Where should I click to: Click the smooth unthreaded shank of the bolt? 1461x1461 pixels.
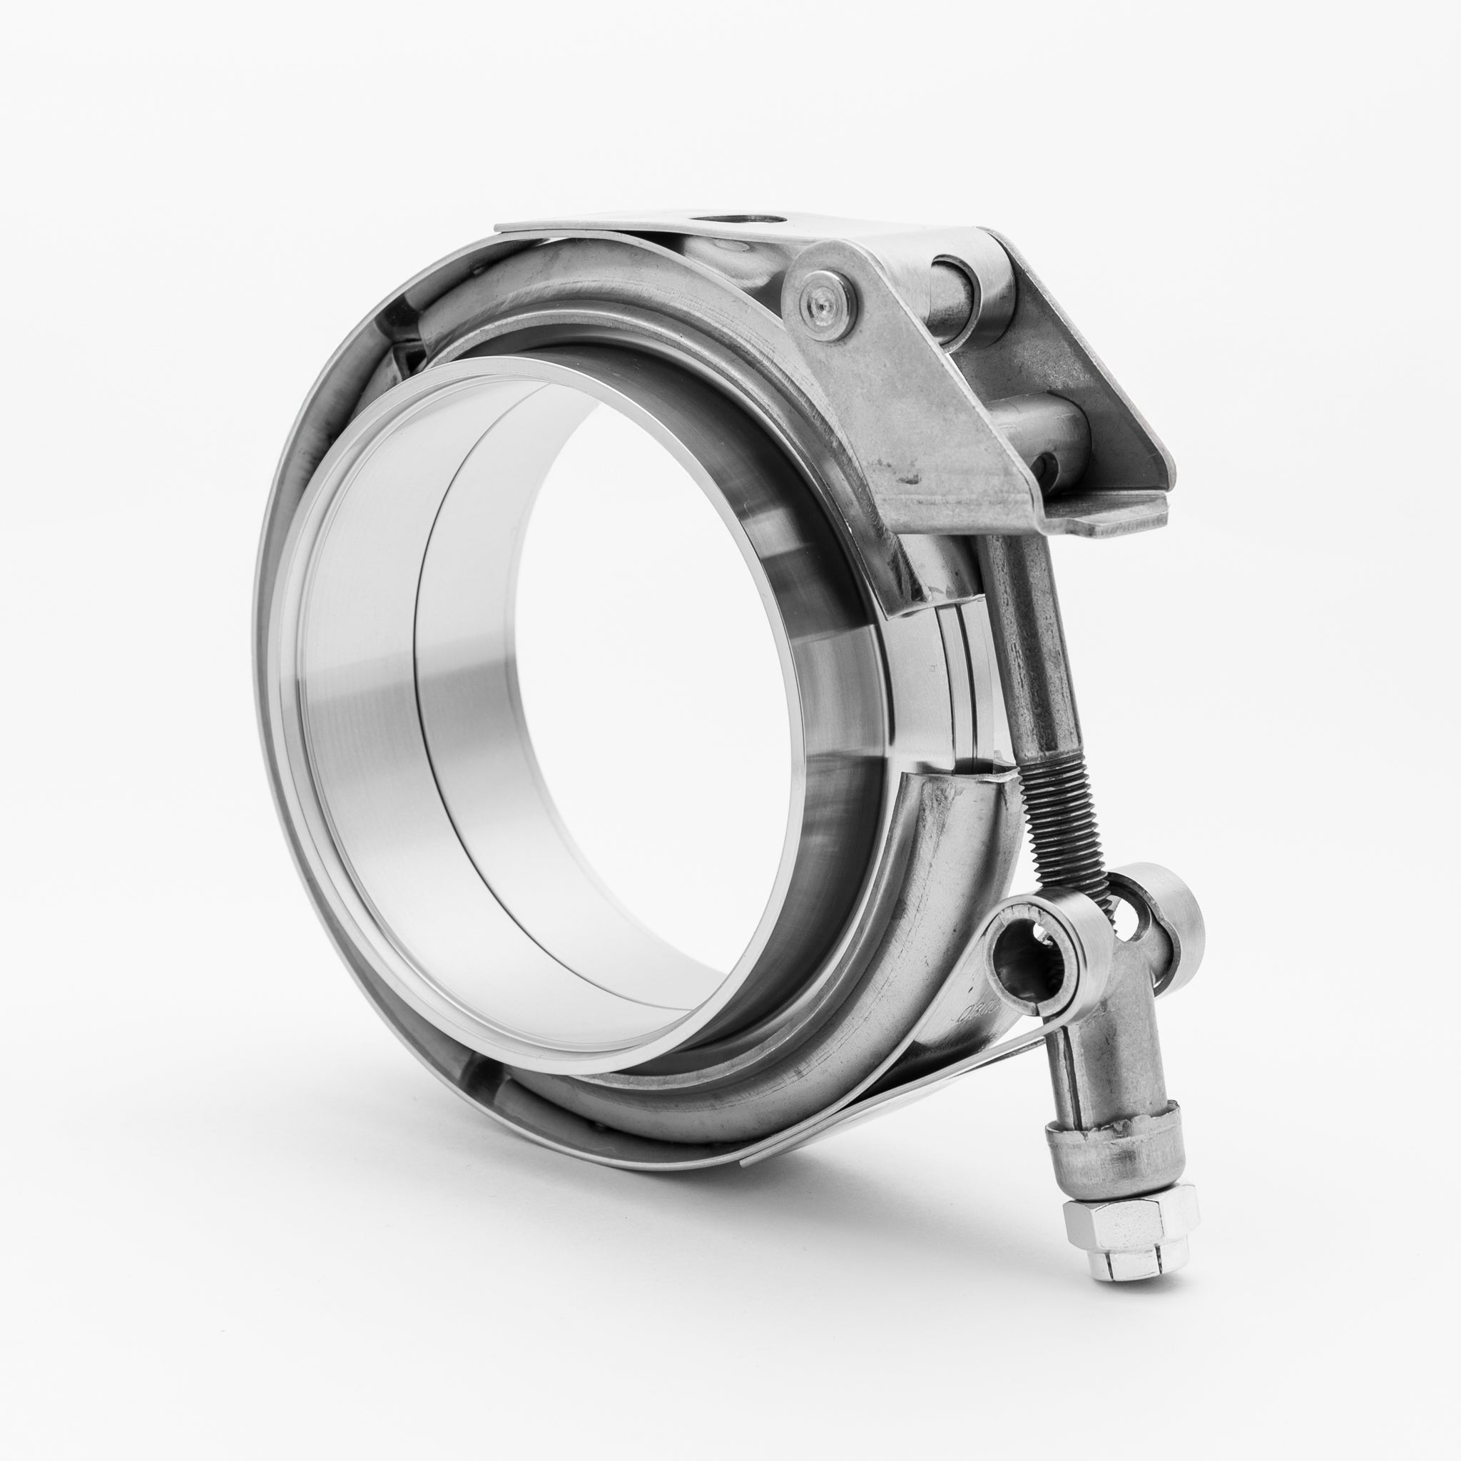1032,643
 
